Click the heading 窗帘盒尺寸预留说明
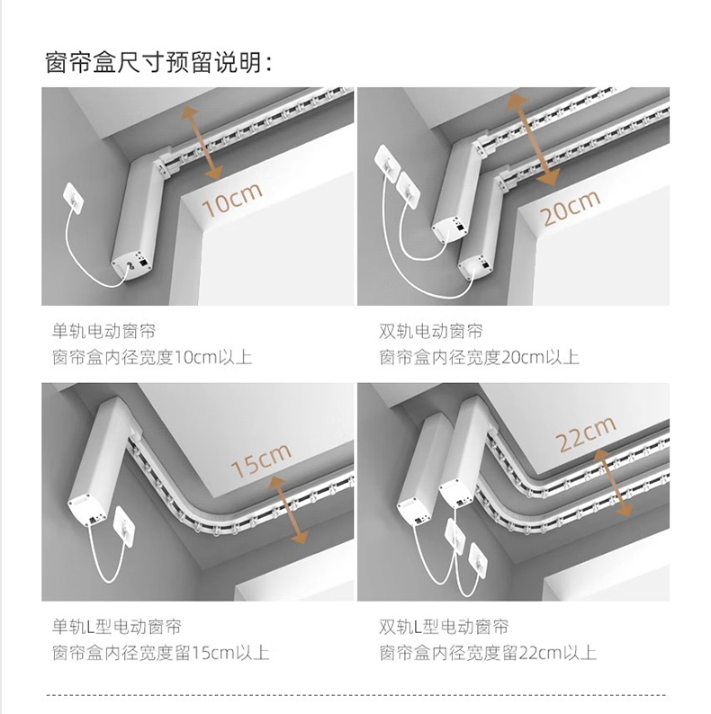click(x=158, y=62)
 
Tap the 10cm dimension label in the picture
click(x=232, y=200)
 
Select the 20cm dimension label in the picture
click(x=571, y=208)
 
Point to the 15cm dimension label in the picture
click(x=261, y=460)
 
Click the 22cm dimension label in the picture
click(x=586, y=434)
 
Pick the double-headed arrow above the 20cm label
click(x=533, y=139)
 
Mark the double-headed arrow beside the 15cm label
click(x=288, y=510)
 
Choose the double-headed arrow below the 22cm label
click(x=613, y=483)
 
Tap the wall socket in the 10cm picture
click(x=74, y=198)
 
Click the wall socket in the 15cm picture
click(x=124, y=526)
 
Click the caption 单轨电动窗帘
click(x=103, y=331)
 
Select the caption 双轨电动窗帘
click(x=431, y=331)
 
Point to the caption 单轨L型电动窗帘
click(x=117, y=627)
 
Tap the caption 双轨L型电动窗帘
click(x=444, y=627)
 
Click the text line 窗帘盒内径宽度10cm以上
click(x=152, y=358)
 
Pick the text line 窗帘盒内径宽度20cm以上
click(x=479, y=358)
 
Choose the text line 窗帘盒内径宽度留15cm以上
click(x=160, y=653)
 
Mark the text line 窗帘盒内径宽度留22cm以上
click(x=488, y=653)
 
